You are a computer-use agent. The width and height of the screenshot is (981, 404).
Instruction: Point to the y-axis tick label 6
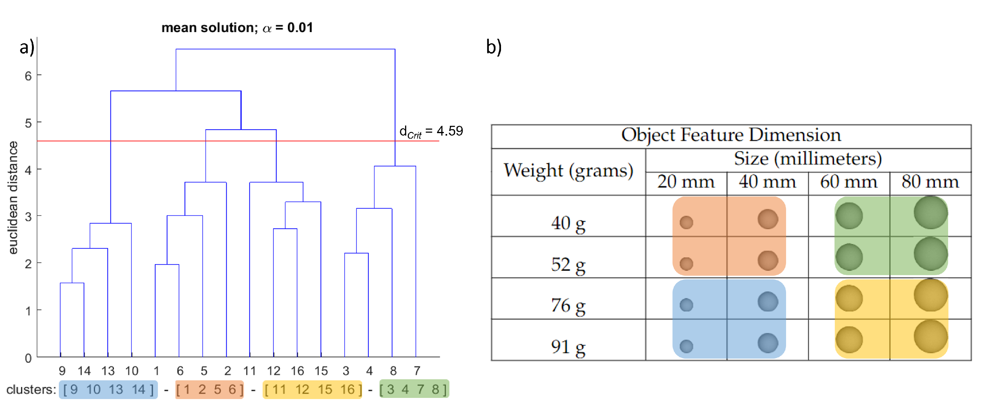[x=28, y=76]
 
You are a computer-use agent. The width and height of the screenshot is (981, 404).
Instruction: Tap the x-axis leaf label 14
[x=84, y=370]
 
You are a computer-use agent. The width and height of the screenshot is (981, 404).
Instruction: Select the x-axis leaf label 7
[x=417, y=370]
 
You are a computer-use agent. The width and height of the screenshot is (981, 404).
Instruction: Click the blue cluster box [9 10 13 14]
[x=108, y=389]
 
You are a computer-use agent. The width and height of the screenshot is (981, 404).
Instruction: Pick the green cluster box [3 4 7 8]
[x=414, y=389]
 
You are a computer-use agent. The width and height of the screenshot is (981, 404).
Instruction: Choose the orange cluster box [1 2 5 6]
[x=210, y=389]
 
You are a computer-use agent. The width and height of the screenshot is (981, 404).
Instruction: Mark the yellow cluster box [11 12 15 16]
[x=312, y=389]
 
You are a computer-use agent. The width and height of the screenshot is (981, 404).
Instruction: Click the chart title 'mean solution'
[x=237, y=27]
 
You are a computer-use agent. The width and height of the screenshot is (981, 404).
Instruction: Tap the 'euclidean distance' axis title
[x=13, y=197]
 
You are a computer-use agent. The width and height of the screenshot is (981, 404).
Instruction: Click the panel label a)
[x=27, y=47]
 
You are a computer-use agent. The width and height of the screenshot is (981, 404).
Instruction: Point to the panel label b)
[x=494, y=47]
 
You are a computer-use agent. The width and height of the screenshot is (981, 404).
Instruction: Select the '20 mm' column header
[x=686, y=182]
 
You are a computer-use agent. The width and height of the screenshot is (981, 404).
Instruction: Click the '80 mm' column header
[x=930, y=182]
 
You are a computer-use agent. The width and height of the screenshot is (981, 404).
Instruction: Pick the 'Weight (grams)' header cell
[x=568, y=170]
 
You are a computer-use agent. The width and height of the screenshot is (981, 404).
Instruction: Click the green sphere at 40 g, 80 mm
[x=930, y=212]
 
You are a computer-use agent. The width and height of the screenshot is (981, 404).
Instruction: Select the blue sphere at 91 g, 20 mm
[x=686, y=346]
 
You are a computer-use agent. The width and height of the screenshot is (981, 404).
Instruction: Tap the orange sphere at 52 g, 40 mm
[x=768, y=260]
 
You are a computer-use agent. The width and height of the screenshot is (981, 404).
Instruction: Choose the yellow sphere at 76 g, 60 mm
[x=849, y=298]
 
